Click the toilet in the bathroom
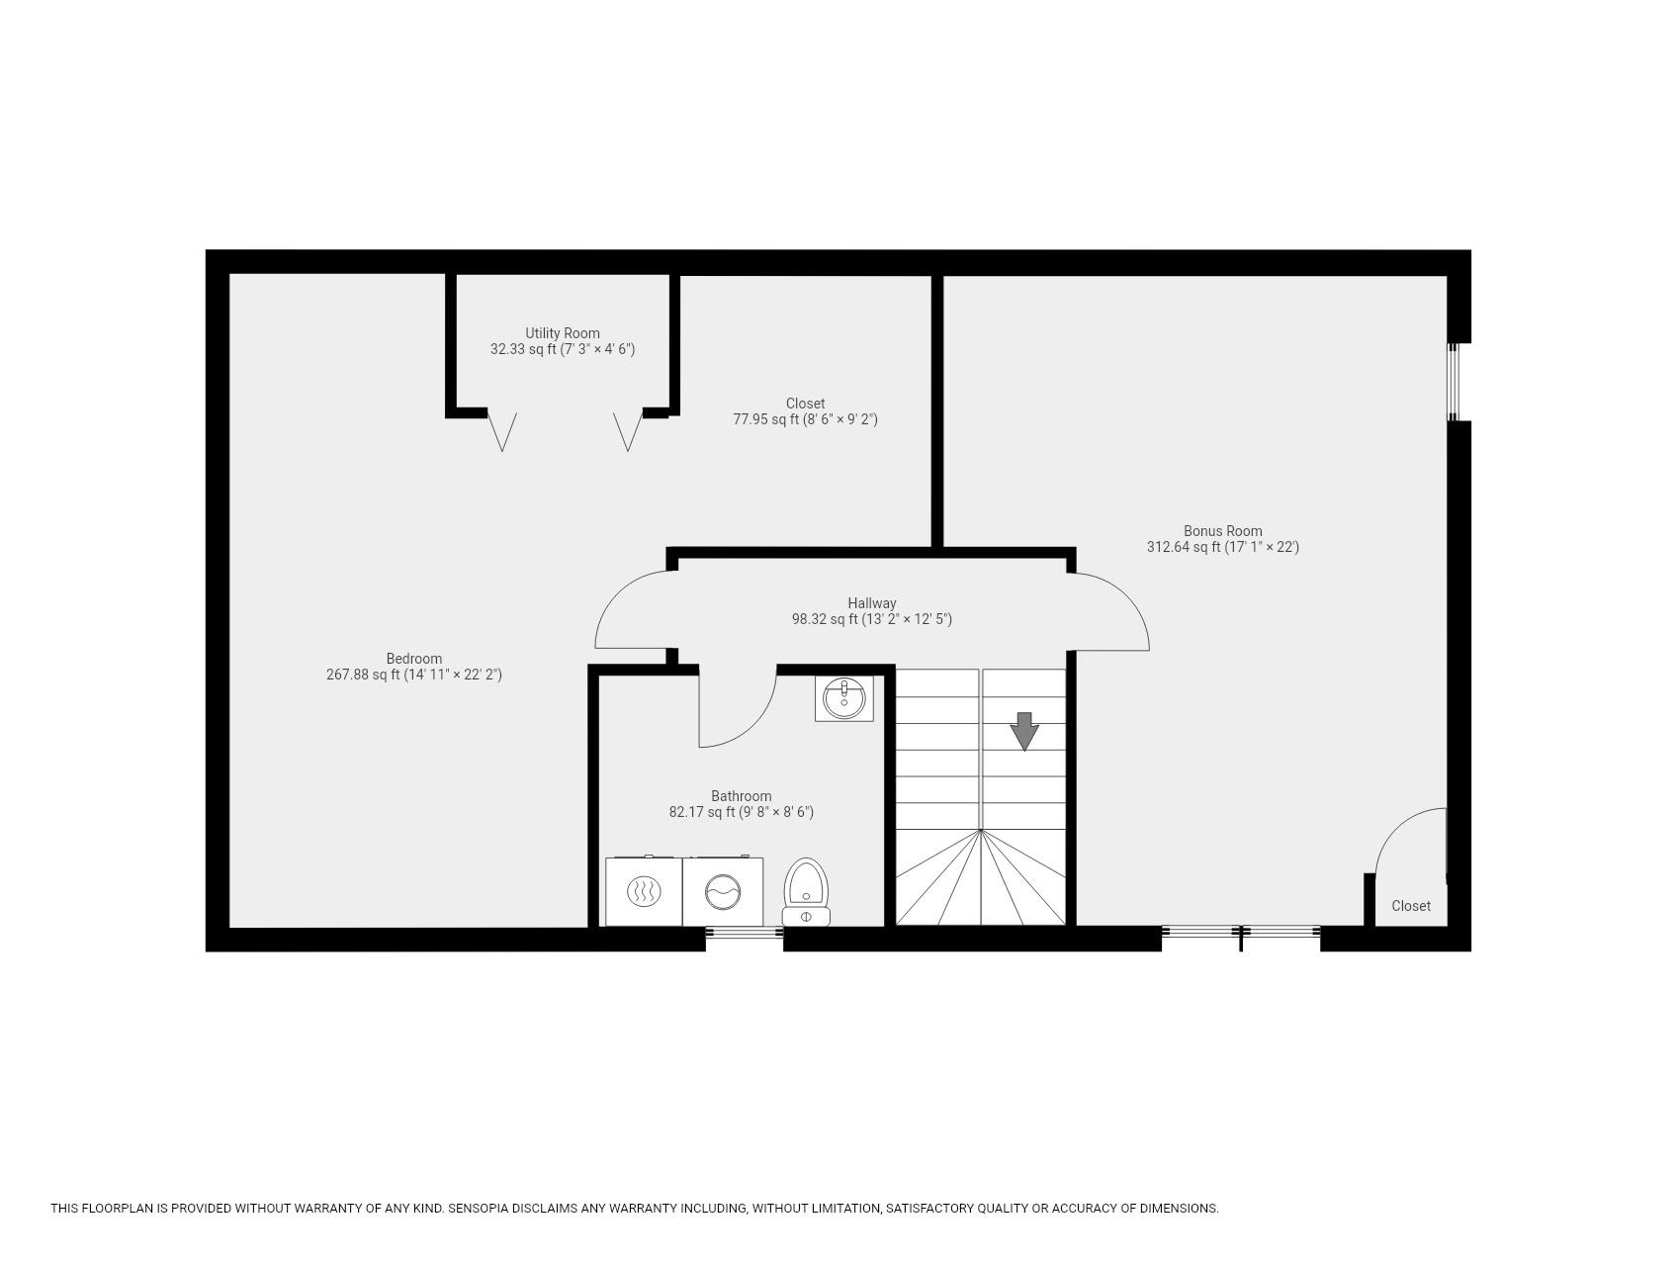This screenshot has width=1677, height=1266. [x=806, y=890]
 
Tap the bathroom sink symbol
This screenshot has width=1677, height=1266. [x=843, y=698]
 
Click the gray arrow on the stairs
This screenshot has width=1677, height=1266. [x=1024, y=731]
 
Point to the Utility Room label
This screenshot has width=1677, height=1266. [x=562, y=333]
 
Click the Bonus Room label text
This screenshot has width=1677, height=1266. [x=1222, y=531]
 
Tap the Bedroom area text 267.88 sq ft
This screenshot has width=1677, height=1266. [x=363, y=675]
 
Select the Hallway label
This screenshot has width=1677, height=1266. [x=871, y=603]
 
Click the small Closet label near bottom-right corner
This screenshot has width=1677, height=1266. [x=1410, y=906]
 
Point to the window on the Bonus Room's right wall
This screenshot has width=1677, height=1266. [x=1454, y=382]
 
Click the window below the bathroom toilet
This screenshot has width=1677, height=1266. [x=744, y=932]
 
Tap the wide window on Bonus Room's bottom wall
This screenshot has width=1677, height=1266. [x=1240, y=932]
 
